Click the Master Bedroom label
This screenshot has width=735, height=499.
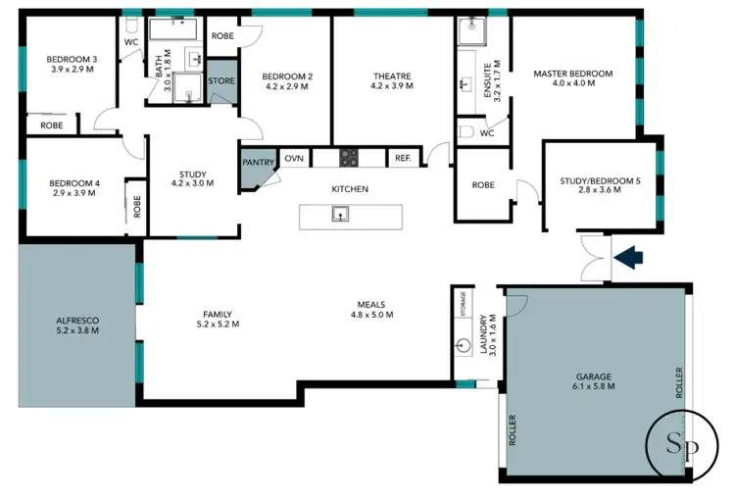click(x=572, y=74)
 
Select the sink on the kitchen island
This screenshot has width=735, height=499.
click(x=340, y=214)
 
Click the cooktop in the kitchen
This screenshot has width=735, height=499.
click(x=350, y=157)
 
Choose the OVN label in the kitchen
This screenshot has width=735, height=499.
click(x=293, y=157)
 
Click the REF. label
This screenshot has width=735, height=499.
click(x=403, y=157)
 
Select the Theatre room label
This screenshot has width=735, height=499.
click(x=391, y=75)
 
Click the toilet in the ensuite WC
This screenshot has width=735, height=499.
click(x=466, y=131)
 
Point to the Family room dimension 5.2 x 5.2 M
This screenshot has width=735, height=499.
click(x=218, y=324)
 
